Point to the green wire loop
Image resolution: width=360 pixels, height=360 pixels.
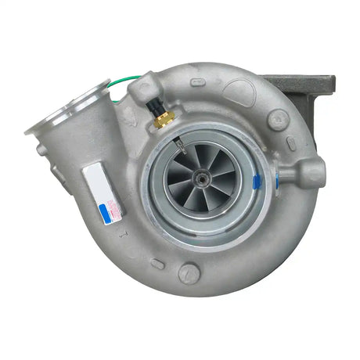click(125, 84)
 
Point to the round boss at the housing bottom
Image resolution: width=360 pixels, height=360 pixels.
click(189, 273)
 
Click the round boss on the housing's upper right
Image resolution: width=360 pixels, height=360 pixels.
click(277, 119)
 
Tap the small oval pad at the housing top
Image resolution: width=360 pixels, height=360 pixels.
click(198, 82)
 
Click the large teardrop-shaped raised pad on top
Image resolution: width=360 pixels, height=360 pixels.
click(239, 92)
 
